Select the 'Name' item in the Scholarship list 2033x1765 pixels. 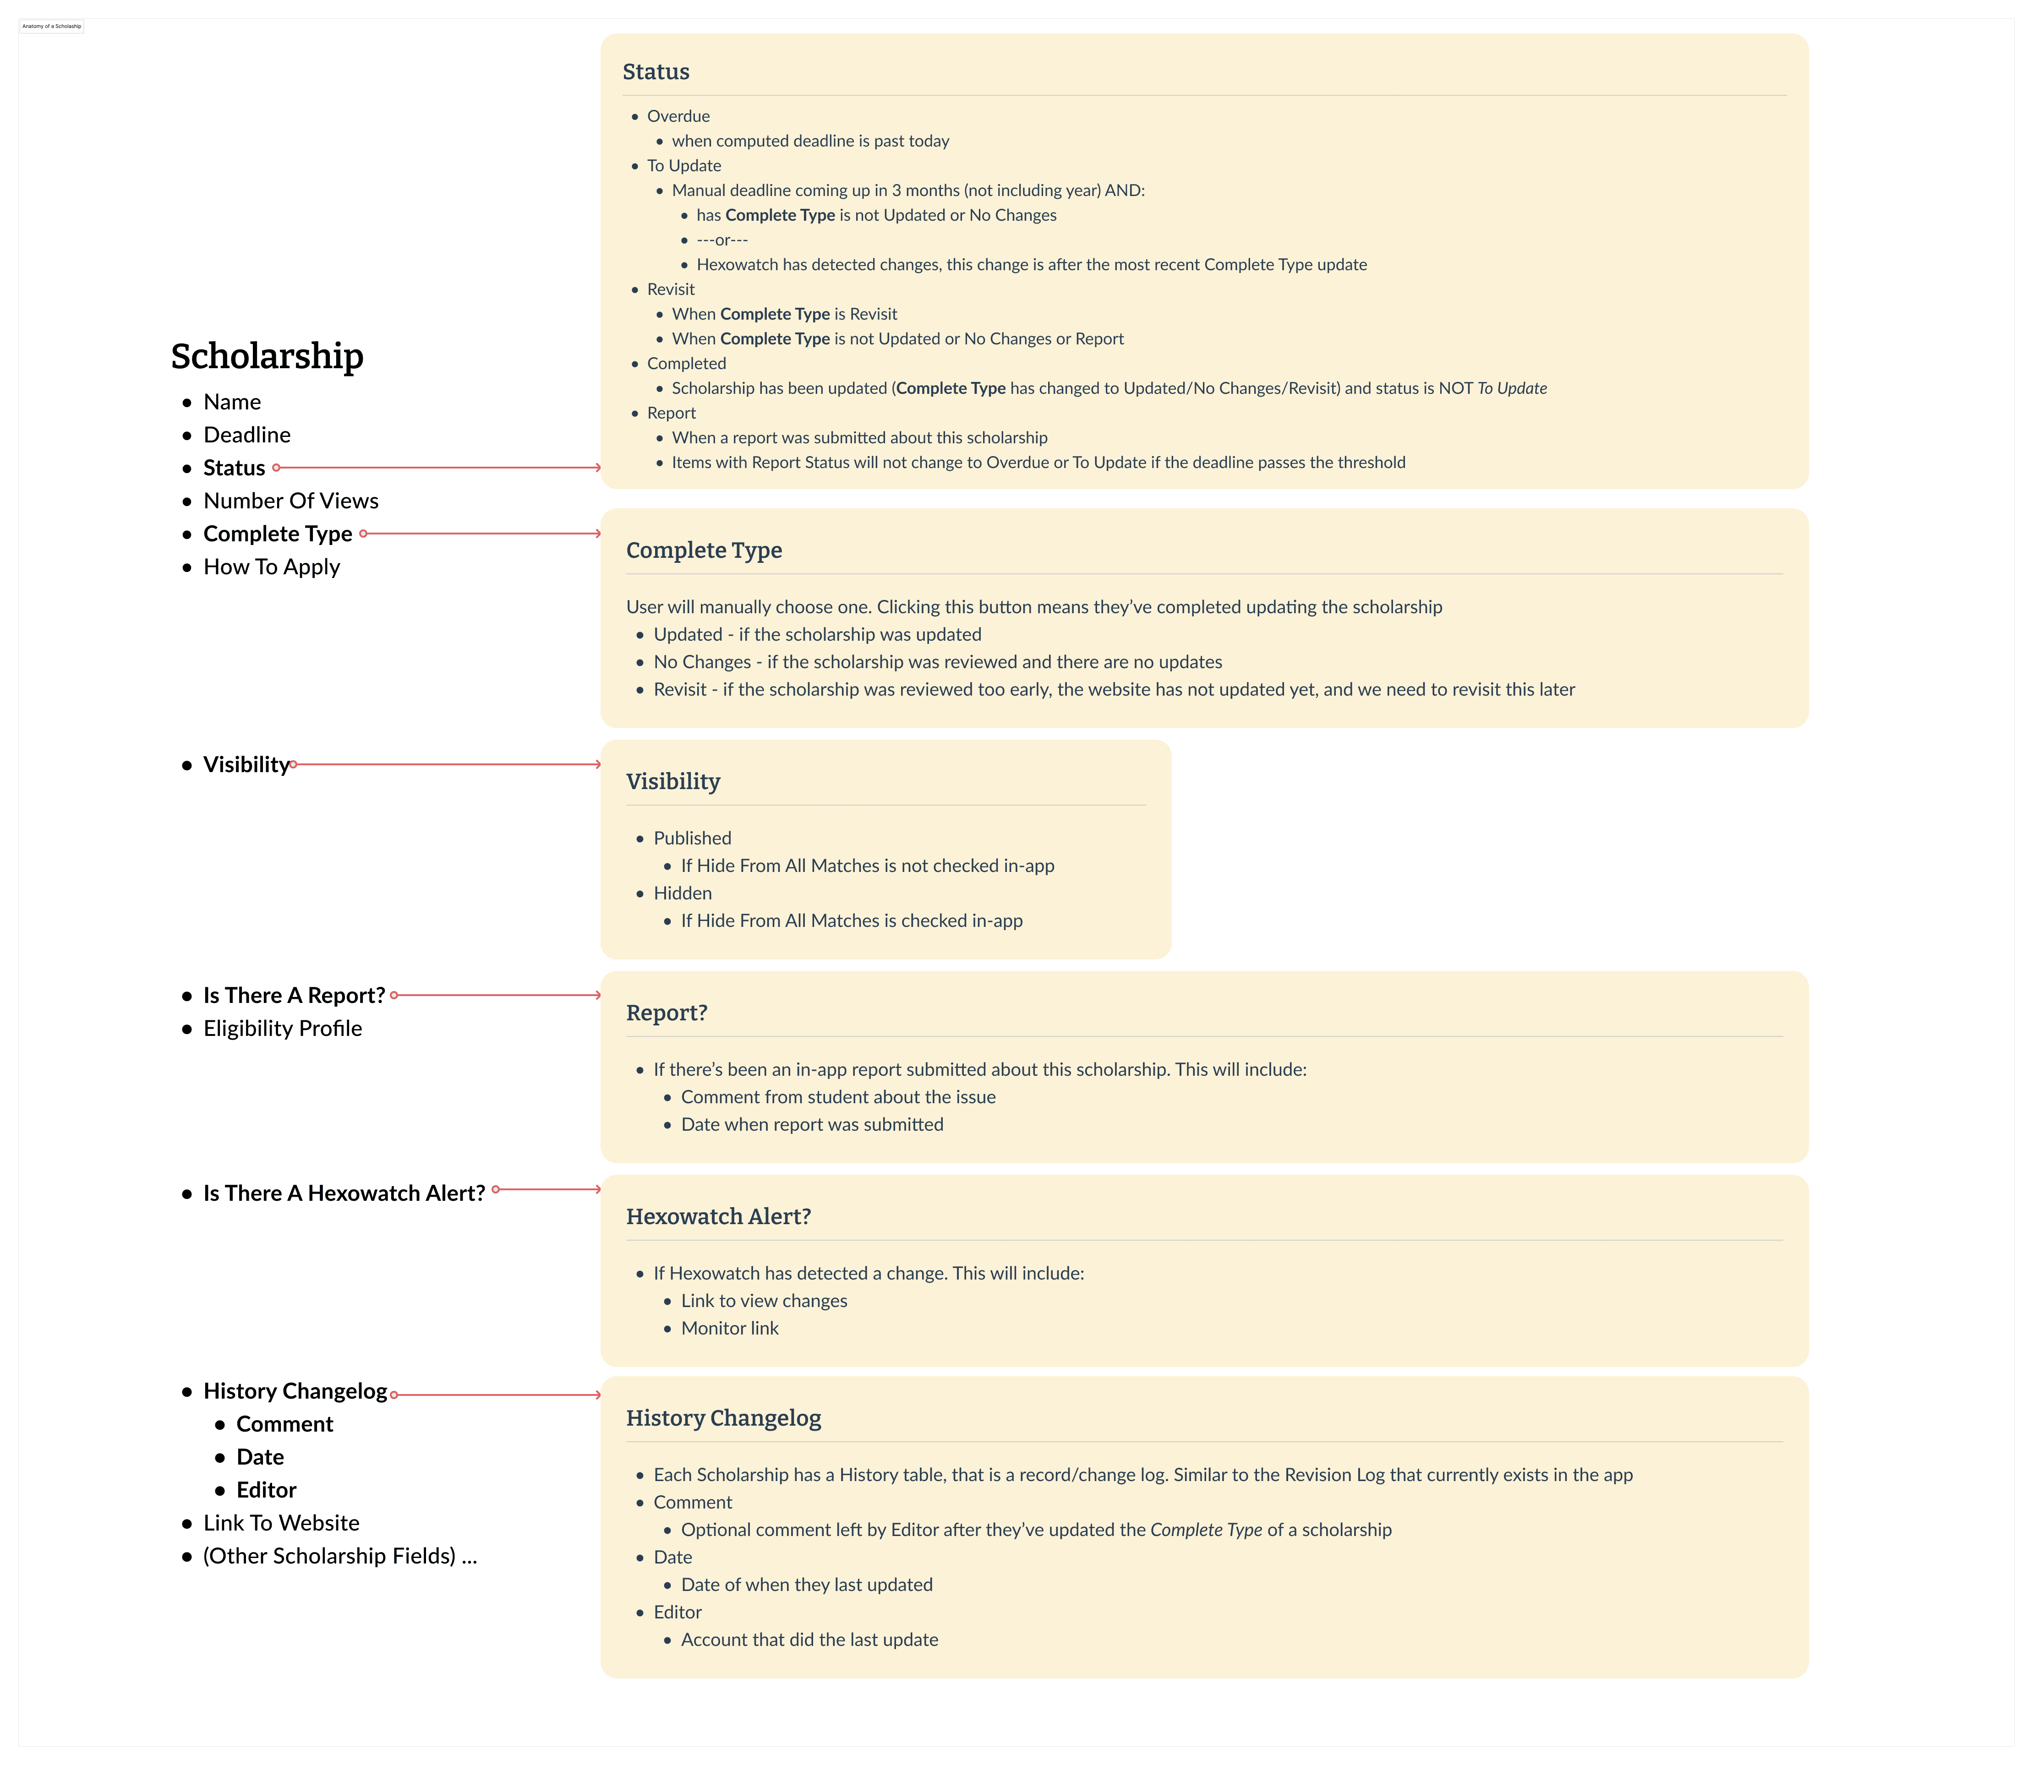231,402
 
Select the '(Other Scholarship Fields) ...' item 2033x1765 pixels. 340,1556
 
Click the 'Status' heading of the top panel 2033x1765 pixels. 656,72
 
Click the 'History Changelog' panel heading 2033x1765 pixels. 723,1418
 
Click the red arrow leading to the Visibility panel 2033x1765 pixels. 448,764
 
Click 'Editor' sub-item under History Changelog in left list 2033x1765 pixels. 266,1490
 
